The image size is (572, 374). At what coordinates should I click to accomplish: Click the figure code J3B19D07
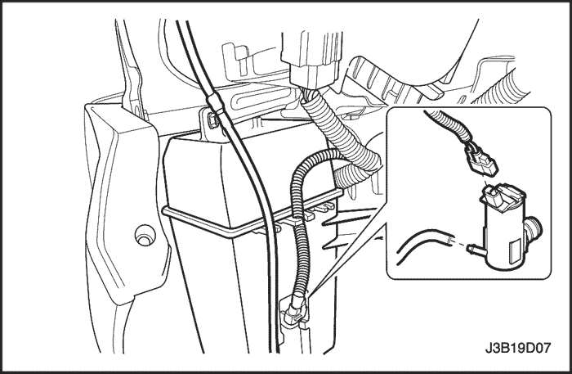click(517, 348)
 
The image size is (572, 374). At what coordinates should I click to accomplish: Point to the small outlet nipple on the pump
click(475, 250)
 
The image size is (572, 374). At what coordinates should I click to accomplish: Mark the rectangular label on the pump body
click(514, 250)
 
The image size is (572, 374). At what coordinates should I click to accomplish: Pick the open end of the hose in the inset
click(449, 240)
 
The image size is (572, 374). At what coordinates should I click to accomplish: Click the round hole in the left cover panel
click(145, 235)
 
